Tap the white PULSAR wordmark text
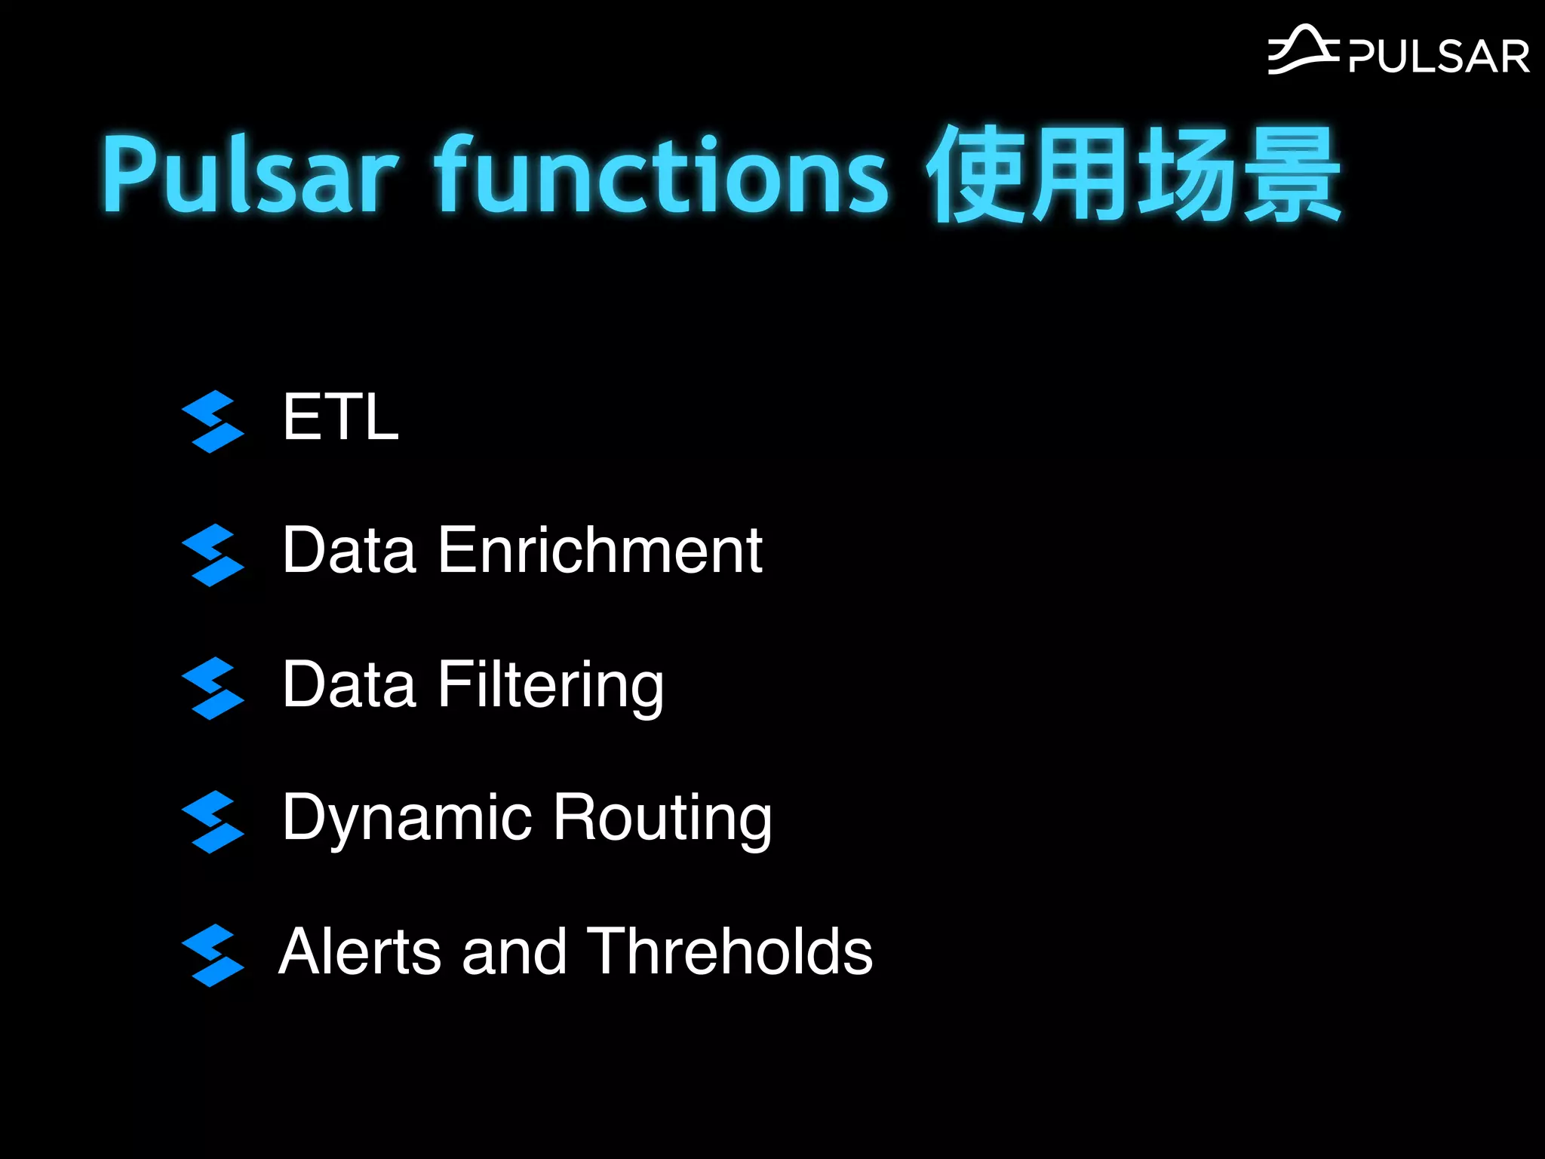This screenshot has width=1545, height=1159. click(x=1439, y=57)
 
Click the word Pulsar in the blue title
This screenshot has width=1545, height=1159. click(x=249, y=175)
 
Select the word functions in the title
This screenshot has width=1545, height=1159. click(x=661, y=175)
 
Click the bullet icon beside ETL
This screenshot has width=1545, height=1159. click(x=213, y=421)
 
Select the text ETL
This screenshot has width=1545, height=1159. click(x=340, y=417)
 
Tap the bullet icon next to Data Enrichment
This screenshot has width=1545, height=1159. click(x=213, y=555)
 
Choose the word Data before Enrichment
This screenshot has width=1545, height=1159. click(x=349, y=550)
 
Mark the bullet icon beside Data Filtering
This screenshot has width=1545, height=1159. click(x=213, y=688)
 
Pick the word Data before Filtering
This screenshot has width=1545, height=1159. click(x=349, y=684)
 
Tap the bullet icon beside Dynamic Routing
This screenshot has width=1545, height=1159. click(x=213, y=822)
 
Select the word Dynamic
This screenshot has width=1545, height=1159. click(x=407, y=819)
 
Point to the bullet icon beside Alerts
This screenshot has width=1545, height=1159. click(x=213, y=955)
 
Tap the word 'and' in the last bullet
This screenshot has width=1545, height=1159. click(x=514, y=951)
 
